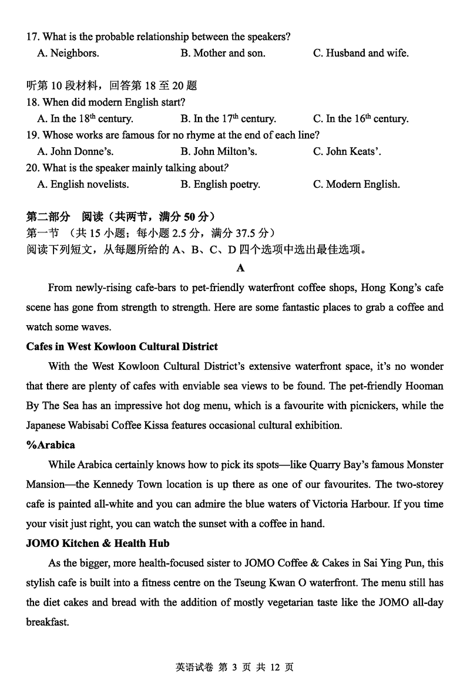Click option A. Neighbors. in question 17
(x=68, y=53)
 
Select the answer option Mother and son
(x=223, y=53)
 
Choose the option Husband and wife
(x=361, y=53)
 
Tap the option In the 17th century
(x=228, y=119)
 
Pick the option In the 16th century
(x=360, y=119)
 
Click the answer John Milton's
(x=219, y=151)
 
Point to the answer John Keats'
(x=347, y=151)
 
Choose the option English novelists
(x=83, y=184)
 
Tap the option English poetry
(x=220, y=184)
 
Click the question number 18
(x=32, y=102)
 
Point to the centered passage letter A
(x=240, y=268)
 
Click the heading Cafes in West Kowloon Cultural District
(x=122, y=346)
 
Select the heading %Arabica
(x=51, y=445)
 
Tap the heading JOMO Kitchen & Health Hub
(x=98, y=543)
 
